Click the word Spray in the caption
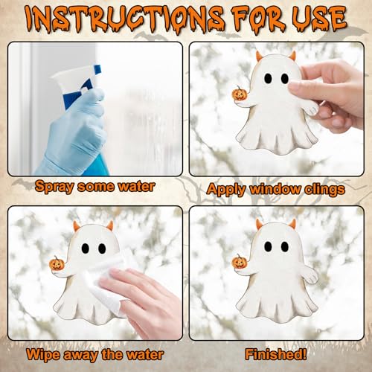click(54, 187)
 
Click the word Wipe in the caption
click(43, 355)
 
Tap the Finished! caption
click(276, 354)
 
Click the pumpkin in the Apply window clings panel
click(238, 93)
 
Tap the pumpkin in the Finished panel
click(238, 261)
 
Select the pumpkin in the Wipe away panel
click(56, 263)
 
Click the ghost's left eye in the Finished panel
click(268, 246)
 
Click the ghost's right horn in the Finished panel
click(292, 224)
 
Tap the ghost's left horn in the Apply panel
click(260, 56)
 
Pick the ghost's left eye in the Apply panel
click(268, 78)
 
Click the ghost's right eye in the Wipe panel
click(102, 248)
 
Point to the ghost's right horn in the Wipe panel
click(109, 225)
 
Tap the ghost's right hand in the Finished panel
click(310, 275)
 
